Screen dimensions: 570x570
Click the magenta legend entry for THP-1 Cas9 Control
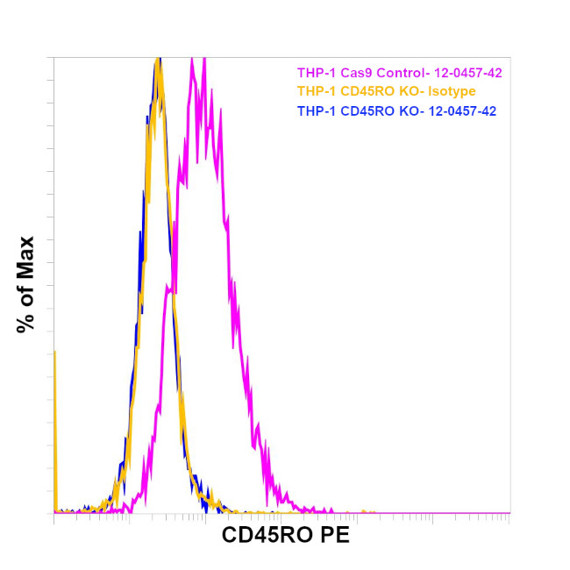399,73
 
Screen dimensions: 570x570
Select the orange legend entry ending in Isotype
387,92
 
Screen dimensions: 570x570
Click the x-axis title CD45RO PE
285,535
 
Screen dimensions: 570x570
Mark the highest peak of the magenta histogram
203,60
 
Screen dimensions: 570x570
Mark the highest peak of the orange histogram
158,60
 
